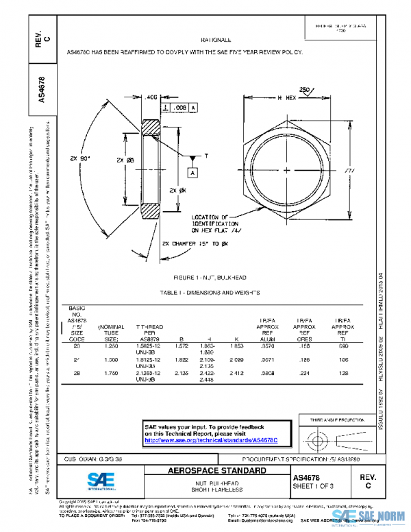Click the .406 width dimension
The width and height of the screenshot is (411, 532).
click(151, 98)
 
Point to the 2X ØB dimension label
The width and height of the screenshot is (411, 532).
click(114, 160)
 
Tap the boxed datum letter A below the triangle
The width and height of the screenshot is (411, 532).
click(193, 173)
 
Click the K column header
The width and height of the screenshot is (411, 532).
click(236, 339)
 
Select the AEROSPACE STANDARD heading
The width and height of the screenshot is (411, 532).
click(217, 471)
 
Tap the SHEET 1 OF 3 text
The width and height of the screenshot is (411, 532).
click(312, 486)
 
